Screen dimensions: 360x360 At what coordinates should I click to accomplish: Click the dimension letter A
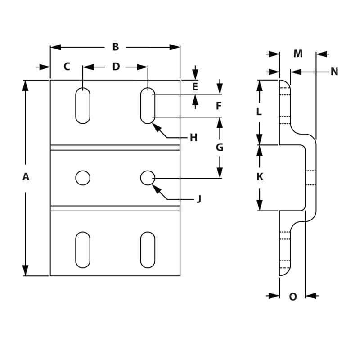tap(26, 177)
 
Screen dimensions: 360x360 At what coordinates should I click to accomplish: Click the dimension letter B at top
tap(115, 47)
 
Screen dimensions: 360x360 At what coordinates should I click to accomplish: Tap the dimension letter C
tap(67, 67)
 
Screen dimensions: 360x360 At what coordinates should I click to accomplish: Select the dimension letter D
tap(116, 67)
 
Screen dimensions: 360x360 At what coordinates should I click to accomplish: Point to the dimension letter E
tap(195, 87)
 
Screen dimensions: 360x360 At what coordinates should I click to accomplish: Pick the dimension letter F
tap(219, 106)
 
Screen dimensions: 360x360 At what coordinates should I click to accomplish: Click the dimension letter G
tap(220, 147)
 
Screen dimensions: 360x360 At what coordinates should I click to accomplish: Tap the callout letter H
tap(193, 138)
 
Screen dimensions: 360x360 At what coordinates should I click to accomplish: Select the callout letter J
tap(199, 199)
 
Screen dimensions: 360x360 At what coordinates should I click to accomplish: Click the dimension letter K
tap(260, 177)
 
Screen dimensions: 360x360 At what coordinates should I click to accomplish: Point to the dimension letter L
tap(259, 112)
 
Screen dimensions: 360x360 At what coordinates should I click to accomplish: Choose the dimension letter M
tap(298, 54)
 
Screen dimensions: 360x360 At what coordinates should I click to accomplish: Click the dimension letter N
tap(334, 72)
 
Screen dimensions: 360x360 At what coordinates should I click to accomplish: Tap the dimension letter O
tap(293, 297)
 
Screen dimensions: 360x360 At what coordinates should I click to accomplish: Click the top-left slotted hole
tap(83, 106)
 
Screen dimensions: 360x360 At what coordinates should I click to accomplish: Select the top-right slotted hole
tap(148, 106)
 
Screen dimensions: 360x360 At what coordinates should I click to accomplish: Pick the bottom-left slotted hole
tap(83, 250)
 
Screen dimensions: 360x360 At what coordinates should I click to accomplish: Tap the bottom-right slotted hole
tap(148, 250)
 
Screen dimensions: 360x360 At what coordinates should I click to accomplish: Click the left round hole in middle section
tap(83, 178)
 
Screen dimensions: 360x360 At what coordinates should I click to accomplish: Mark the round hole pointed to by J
tap(148, 178)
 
